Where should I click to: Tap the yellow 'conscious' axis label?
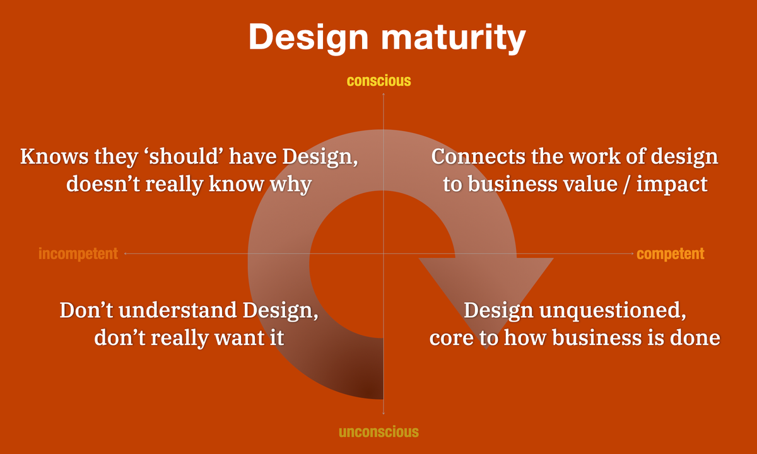pos(378,81)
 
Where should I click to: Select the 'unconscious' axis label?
pos(378,432)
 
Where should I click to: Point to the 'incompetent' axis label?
pos(78,253)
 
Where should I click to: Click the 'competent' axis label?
pos(670,253)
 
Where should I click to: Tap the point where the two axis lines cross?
pos(383,253)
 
